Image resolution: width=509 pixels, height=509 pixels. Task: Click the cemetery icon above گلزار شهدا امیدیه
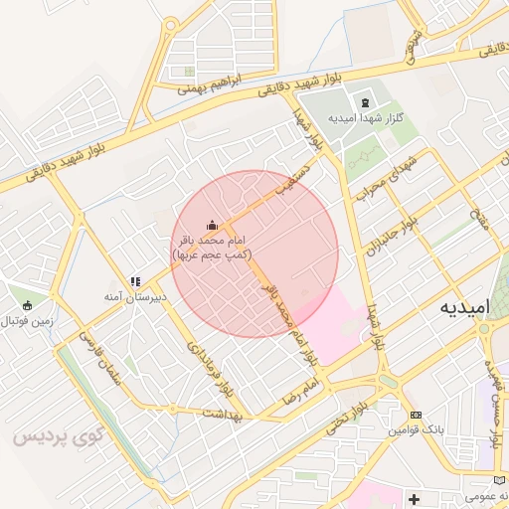coord(365,102)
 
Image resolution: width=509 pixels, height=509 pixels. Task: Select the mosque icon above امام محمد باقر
coord(211,226)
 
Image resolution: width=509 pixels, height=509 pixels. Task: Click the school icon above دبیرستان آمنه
coord(135,282)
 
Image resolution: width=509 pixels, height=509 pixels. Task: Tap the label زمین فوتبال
coord(25,321)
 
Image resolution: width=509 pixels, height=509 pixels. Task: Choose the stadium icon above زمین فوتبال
coord(26,305)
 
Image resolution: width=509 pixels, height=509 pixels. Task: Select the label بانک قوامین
coord(414,429)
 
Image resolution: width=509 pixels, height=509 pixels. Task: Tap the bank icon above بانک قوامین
coord(416,414)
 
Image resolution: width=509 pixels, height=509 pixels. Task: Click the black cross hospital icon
coord(414,497)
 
